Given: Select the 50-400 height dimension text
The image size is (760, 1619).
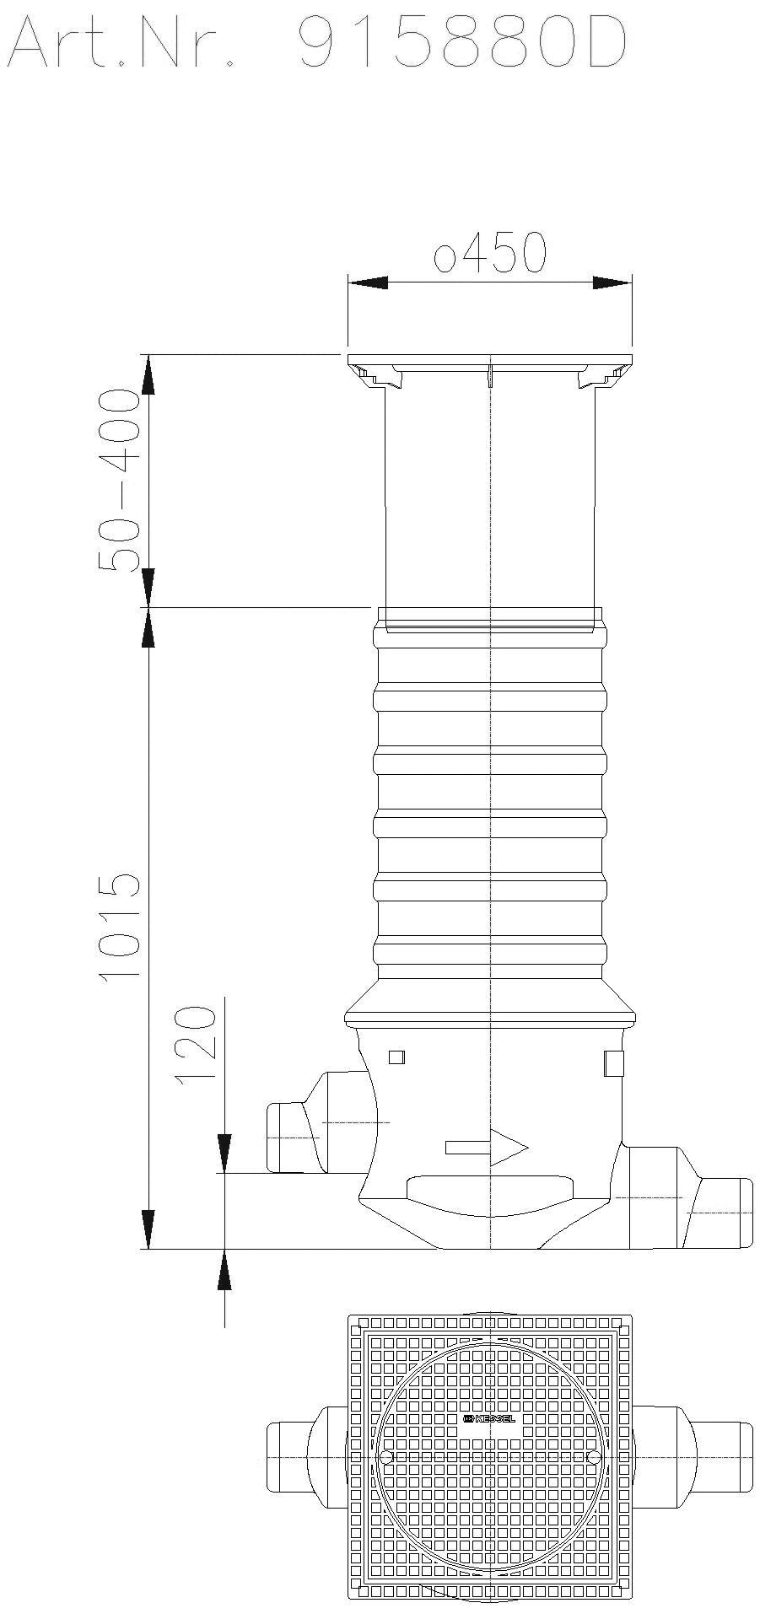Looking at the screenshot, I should (x=117, y=480).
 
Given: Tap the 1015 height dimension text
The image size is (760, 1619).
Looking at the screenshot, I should (x=119, y=925).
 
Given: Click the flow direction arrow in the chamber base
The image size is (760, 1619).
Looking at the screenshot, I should (x=487, y=1148).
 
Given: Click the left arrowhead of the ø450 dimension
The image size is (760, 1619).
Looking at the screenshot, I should (x=368, y=283).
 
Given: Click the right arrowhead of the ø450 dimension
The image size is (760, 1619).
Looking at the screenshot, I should (x=612, y=283).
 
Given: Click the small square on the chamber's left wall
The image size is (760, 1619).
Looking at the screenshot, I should (x=396, y=1057).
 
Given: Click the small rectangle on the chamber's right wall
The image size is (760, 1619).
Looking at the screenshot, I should (x=613, y=1062).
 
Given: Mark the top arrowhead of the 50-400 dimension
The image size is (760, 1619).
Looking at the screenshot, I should (x=148, y=375).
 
